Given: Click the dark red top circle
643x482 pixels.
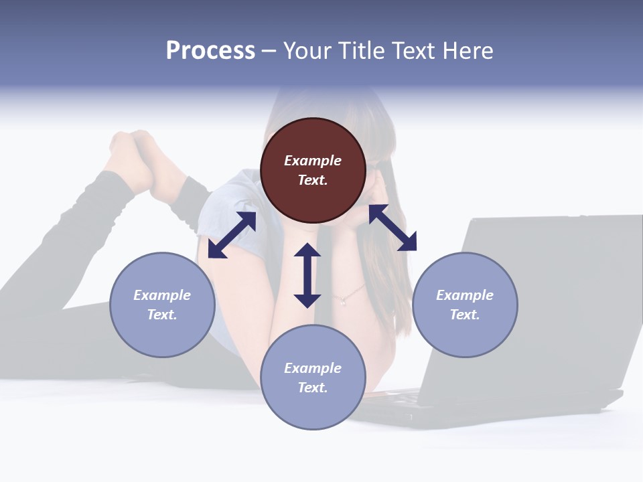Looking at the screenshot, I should coord(313,171).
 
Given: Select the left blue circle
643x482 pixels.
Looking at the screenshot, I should coord(162,305).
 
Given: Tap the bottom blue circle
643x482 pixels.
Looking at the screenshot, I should coord(313,377).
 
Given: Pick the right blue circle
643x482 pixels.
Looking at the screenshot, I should coord(465,305).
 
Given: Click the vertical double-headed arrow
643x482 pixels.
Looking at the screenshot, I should coord(307,275).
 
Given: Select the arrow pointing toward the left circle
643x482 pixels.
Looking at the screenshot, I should coord(232,235).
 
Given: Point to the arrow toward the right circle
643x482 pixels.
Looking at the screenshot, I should coord(392,228).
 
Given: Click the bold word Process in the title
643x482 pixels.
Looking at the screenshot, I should coord(210,50).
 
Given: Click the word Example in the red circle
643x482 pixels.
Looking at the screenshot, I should coord(313,161).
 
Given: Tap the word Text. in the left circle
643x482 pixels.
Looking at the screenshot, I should coord(162,315).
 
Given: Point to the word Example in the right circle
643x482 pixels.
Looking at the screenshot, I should coord(465,295).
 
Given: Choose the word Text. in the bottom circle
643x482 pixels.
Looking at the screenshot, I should coord(313,388).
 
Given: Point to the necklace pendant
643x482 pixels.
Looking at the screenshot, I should coord(344,301).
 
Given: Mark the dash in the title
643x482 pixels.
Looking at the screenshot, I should coord(269,51).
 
